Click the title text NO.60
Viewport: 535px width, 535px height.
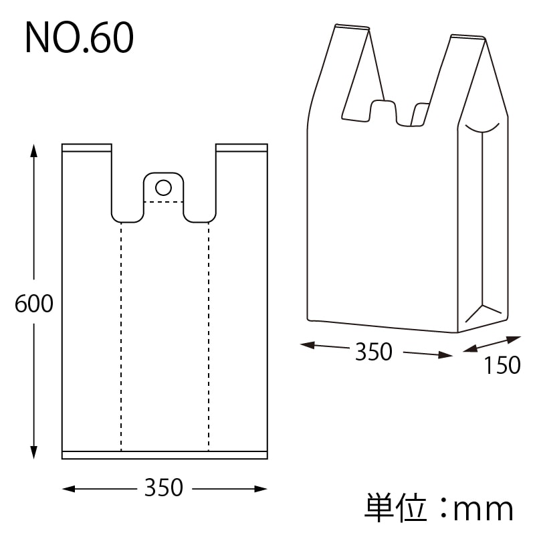point(79,39)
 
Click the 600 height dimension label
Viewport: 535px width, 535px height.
point(33,304)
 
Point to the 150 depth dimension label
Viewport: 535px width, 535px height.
point(502,366)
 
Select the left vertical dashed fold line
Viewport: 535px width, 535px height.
point(121,334)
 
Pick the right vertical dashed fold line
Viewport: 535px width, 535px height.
point(209,334)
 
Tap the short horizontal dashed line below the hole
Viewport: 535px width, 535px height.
point(163,201)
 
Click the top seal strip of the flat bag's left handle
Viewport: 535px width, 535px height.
point(86,147)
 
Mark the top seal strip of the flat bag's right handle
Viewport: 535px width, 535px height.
point(241,147)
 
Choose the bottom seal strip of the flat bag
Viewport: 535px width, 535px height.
point(165,455)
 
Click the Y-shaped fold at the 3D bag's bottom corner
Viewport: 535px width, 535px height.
point(483,312)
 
